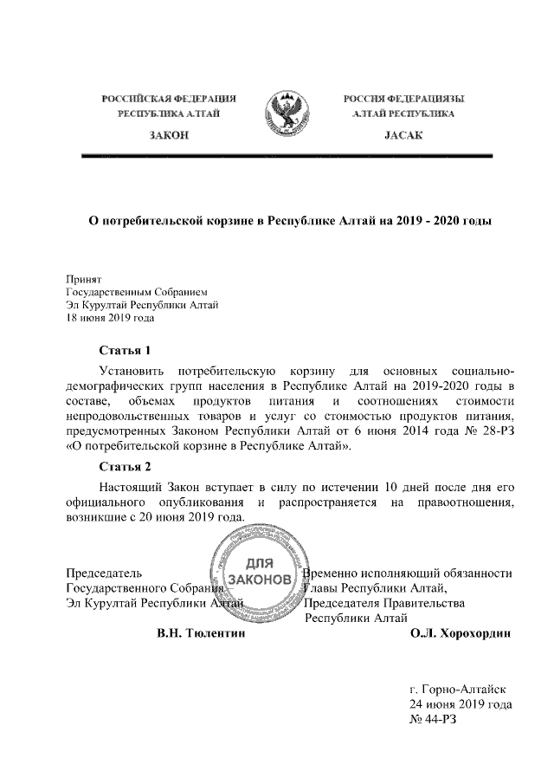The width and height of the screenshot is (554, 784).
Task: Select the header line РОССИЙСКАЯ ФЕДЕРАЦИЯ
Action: coord(170,100)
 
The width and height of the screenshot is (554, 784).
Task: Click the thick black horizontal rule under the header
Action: coord(287,155)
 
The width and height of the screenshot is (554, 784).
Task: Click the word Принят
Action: coord(84,281)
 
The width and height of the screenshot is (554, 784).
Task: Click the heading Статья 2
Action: coord(125,468)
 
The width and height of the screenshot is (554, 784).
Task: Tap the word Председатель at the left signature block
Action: coord(105,573)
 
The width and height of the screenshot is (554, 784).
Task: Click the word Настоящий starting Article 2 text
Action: coord(129,488)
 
